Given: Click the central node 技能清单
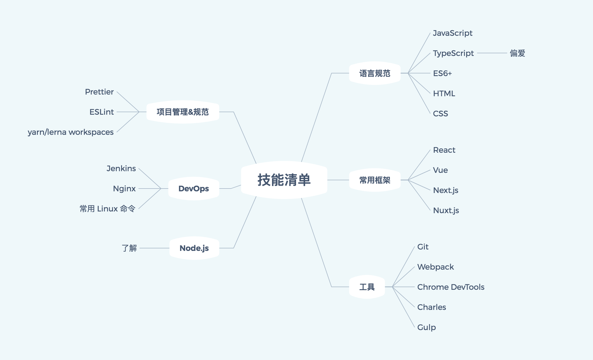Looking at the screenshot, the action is click(284, 180).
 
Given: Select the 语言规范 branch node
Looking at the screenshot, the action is click(375, 73).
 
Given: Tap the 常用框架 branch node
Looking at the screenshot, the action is click(375, 180).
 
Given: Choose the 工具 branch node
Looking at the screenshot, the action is click(367, 287).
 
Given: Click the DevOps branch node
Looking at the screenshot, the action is click(194, 189).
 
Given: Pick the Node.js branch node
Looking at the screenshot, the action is click(194, 248).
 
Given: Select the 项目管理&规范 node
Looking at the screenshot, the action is click(183, 112).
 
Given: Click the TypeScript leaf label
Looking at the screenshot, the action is click(453, 53).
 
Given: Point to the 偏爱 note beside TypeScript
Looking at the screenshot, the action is click(517, 53).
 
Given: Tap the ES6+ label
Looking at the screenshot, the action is click(442, 73).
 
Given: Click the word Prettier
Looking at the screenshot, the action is click(99, 92).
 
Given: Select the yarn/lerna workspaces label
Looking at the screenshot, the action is click(71, 132).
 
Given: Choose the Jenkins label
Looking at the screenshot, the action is click(121, 168).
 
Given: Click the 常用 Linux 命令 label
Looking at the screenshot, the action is click(107, 209).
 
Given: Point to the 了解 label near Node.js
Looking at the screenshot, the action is click(129, 248).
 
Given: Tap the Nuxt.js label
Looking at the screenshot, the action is click(446, 210).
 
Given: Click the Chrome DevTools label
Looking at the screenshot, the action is click(451, 287).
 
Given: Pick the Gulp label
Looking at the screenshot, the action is click(426, 327).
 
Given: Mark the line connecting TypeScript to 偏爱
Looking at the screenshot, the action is click(492, 53).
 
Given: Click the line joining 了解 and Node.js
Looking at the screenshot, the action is click(154, 248).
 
